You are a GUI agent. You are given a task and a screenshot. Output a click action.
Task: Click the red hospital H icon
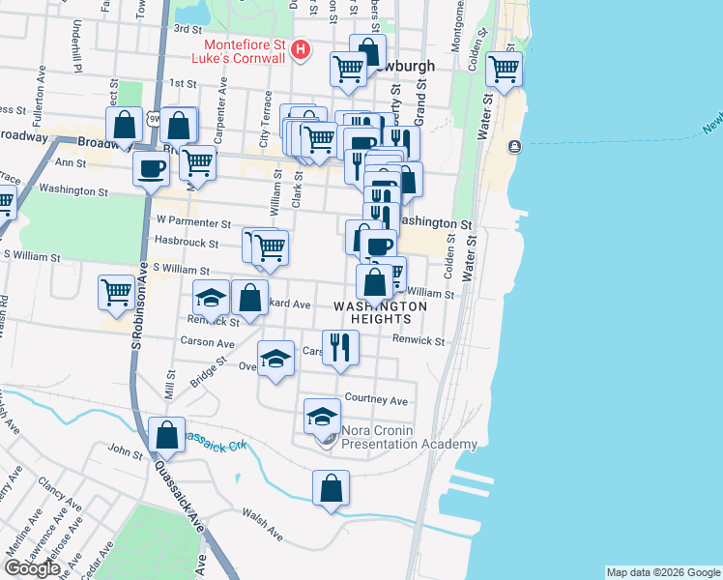click(x=301, y=49)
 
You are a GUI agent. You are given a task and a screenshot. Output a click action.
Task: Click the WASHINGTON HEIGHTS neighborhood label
click(x=380, y=312)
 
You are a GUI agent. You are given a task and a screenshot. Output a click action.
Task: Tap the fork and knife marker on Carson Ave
click(x=340, y=347)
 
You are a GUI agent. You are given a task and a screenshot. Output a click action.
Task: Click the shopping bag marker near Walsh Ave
click(x=331, y=487)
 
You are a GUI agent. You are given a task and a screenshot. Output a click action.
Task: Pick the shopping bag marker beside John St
click(x=166, y=435)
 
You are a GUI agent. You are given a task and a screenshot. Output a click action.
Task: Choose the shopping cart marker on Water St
click(x=503, y=69)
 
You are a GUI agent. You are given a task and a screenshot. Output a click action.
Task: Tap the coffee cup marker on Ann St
click(x=151, y=167)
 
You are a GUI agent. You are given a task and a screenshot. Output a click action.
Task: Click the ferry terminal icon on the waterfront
click(x=514, y=146)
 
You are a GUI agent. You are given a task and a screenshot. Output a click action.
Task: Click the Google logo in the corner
click(x=32, y=568)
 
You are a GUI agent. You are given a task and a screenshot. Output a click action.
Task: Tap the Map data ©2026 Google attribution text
click(x=662, y=572)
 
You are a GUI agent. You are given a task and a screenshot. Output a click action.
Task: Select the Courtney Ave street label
click(x=376, y=400)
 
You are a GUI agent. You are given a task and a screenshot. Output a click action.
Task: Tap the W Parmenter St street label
click(x=194, y=222)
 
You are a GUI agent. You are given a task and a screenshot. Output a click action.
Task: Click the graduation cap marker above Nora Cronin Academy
click(x=322, y=416)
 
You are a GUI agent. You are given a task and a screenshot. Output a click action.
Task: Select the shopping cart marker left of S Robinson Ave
click(x=116, y=291)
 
